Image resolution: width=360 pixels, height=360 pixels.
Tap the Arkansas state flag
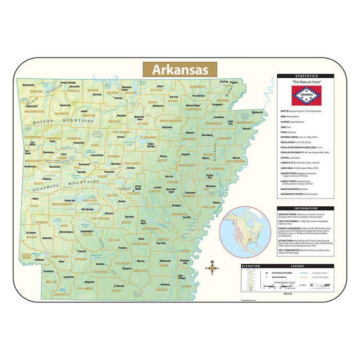(x=306, y=96)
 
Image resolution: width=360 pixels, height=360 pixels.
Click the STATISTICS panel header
(x=306, y=76)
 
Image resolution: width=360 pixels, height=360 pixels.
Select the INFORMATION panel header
(x=306, y=208)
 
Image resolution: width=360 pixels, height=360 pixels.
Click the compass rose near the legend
(x=212, y=268)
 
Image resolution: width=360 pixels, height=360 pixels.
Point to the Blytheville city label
(x=257, y=112)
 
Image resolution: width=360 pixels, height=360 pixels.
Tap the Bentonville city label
(x=28, y=85)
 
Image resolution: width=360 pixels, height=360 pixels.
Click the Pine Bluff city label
(x=146, y=222)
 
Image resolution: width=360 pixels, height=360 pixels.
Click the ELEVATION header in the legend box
(x=249, y=266)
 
